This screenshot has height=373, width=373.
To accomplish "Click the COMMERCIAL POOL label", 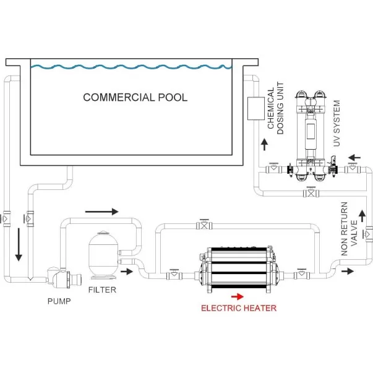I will pos(135,97).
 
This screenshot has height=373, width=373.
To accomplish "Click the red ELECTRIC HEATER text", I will pos(238,307).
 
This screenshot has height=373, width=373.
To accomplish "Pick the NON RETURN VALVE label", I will pos(349,228).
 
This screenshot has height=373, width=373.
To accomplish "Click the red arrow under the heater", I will pos(238,296).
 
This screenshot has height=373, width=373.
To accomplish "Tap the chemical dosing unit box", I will pos(254,109).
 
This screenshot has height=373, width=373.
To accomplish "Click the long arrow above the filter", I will pos(101,211).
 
